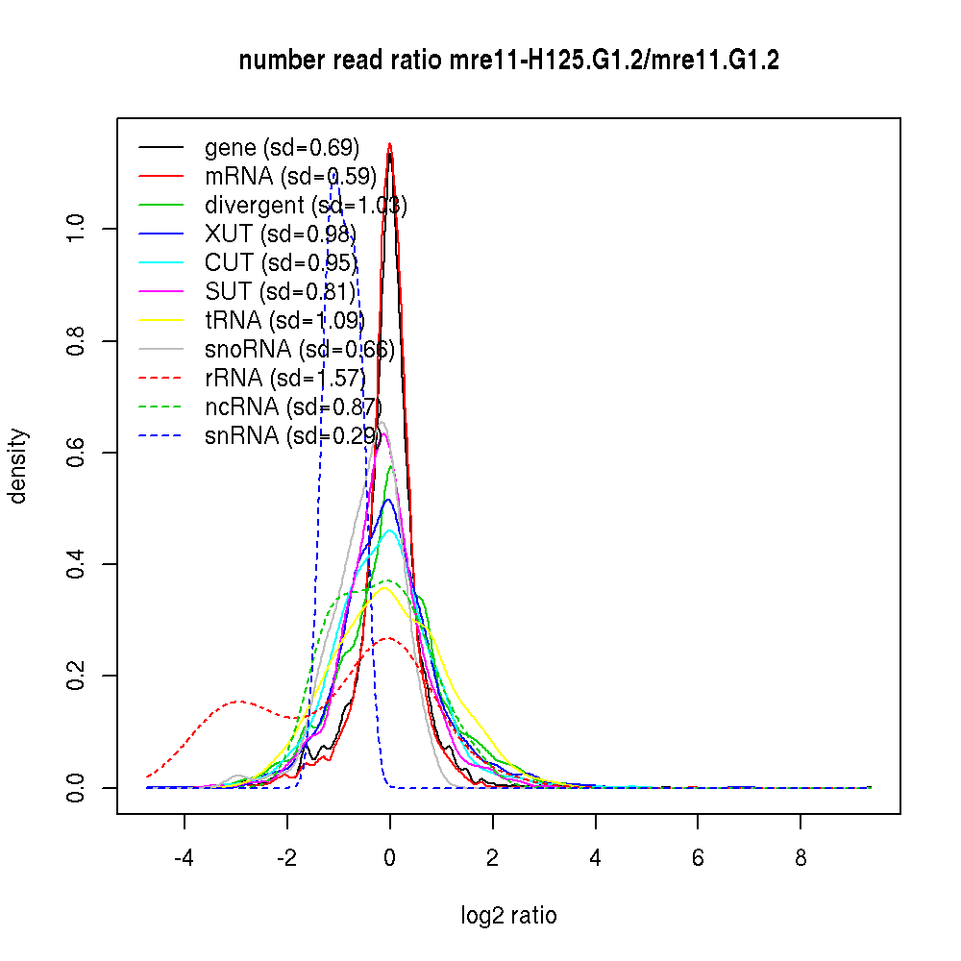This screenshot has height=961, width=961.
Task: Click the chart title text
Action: tap(508, 61)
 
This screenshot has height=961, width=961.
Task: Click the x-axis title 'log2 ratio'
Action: tap(508, 915)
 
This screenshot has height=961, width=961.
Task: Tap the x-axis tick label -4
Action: tap(184, 857)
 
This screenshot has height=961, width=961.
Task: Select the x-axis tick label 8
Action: tap(801, 857)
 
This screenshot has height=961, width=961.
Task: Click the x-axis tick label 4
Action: tap(595, 857)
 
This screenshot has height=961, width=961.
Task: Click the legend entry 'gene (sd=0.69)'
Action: tap(282, 147)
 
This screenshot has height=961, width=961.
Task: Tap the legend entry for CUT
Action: tap(281, 262)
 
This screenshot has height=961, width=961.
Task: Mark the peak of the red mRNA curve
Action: tap(389, 144)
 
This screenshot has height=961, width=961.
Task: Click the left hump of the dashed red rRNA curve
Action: tap(238, 702)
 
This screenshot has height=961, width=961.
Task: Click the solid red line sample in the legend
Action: tap(161, 176)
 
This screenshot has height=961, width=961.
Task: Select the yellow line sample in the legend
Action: tap(161, 320)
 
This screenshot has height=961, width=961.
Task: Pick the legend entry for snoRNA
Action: tap(299, 349)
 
